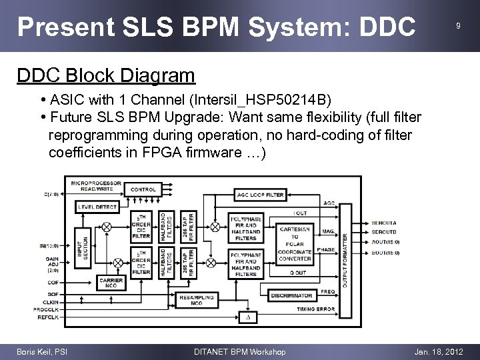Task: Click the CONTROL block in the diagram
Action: (143, 189)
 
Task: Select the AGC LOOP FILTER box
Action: (260, 195)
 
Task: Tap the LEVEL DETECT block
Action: (97, 207)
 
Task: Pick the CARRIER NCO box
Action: (111, 283)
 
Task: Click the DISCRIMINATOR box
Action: (291, 295)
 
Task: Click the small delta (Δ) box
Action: (249, 317)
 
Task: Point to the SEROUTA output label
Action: (383, 223)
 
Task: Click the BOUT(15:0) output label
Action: (385, 253)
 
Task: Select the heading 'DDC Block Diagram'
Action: (105, 75)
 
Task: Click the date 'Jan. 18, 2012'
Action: (438, 351)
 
